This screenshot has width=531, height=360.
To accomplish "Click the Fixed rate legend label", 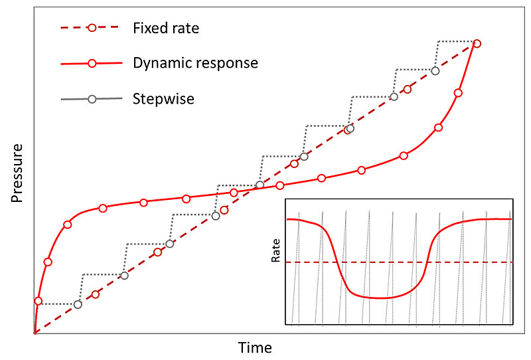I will (165, 28).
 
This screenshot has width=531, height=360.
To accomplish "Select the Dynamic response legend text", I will (195, 63).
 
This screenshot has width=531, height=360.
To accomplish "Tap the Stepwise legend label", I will (163, 98).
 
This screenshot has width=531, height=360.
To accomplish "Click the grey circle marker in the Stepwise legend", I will (92, 99).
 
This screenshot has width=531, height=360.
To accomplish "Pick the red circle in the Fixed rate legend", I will (92, 28).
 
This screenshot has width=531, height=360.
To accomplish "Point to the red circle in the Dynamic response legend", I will (92, 64).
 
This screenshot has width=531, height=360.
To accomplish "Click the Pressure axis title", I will (18, 173).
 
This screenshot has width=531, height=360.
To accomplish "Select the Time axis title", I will (255, 347).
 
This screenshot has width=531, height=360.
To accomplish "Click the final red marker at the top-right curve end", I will (477, 44).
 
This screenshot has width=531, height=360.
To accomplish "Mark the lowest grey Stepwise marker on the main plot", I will (78, 304).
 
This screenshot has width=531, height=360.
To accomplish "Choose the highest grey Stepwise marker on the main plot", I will (435, 70).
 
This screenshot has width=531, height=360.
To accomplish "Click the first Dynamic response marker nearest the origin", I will (38, 301).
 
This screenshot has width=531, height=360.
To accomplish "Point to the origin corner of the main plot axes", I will (34, 333).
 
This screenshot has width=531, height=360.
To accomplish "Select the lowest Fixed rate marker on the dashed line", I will (96, 294).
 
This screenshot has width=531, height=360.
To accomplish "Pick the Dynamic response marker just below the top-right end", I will (458, 93).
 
